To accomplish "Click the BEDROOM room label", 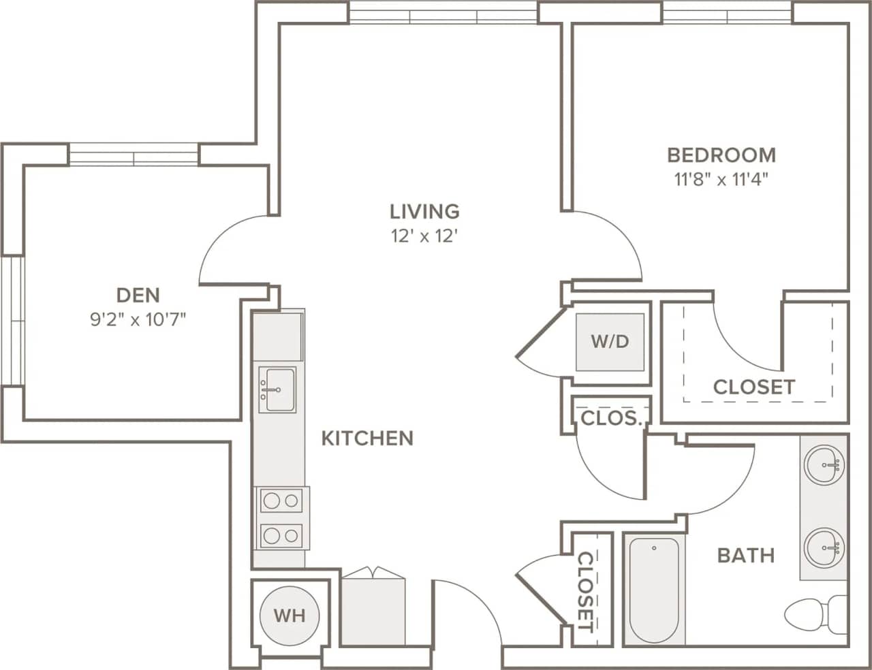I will tap(721, 155).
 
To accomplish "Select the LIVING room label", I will tap(424, 211).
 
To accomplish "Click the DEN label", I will tap(138, 295).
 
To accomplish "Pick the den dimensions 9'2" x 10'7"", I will tap(138, 319).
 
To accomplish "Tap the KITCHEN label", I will tap(367, 438).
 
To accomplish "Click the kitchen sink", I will tap(279, 390).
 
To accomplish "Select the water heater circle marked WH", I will tap(289, 616).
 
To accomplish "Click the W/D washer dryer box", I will tap(610, 341).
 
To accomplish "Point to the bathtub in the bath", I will tap(653, 590).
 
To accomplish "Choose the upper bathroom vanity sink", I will tap(824, 466).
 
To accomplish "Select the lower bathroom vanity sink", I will tap(824, 547).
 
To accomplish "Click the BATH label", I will tap(746, 556).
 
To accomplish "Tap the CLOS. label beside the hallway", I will tap(611, 418).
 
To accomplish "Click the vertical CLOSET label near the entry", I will tap(585, 591).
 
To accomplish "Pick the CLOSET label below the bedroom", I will tap(753, 387).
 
